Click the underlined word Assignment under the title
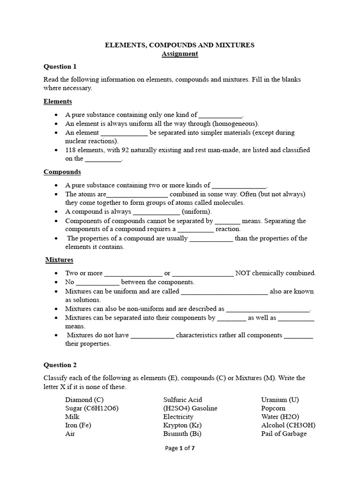pyautogui.click(x=180, y=54)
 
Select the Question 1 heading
pyautogui.click(x=60, y=66)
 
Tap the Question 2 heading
pyautogui.click(x=60, y=365)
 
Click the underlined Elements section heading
pyautogui.click(x=58, y=101)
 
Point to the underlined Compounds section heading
pyautogui.click(x=62, y=172)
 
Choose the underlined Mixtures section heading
pyautogui.click(x=59, y=259)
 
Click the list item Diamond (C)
pyautogui.click(x=84, y=400)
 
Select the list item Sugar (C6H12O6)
pyautogui.click(x=92, y=408)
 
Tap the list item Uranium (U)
pyautogui.click(x=280, y=400)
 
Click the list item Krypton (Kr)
pyautogui.click(x=182, y=425)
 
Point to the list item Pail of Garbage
pyautogui.click(x=284, y=434)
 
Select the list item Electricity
pyautogui.click(x=178, y=417)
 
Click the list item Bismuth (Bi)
pyautogui.click(x=182, y=434)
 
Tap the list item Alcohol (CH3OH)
pyautogui.click(x=288, y=425)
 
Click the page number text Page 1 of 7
pyautogui.click(x=180, y=461)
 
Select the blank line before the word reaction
pyautogui.click(x=196, y=230)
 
